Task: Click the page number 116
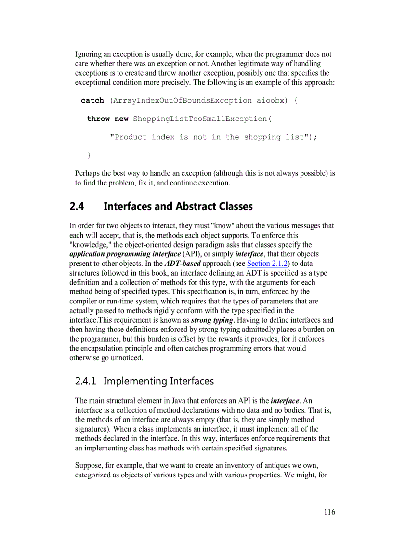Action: tap(329, 512)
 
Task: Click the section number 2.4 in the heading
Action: tap(77, 207)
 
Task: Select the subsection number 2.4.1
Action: tap(86, 381)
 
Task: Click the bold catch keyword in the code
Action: tap(92, 101)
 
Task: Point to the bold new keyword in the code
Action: tap(121, 119)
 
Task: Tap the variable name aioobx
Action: tap(271, 101)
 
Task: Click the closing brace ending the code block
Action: tap(89, 155)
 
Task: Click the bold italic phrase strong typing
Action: tap(212, 320)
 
